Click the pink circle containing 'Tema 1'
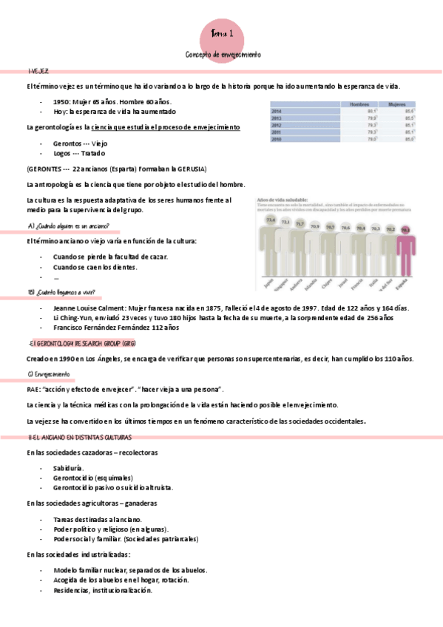click(x=221, y=33)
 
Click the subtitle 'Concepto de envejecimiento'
click(x=223, y=55)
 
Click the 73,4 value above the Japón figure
click(x=271, y=220)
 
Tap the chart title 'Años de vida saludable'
click(x=282, y=199)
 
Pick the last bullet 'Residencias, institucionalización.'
click(x=103, y=590)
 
